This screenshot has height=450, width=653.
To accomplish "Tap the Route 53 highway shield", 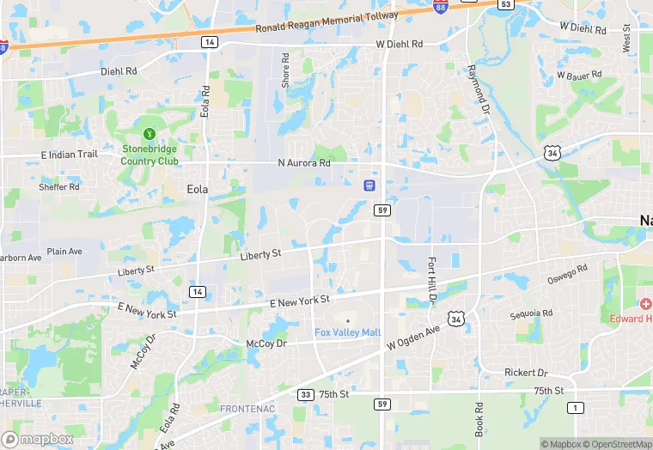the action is (x=506, y=4).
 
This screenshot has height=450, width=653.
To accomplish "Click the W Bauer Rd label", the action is (x=577, y=76).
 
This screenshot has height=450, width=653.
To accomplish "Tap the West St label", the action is (x=626, y=40).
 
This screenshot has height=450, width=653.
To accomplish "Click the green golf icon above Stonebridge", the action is (x=150, y=134).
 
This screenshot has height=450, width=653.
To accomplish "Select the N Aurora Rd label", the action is (x=304, y=163).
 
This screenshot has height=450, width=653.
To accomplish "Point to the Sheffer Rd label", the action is (x=59, y=186).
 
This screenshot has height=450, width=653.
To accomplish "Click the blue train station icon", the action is (x=369, y=184).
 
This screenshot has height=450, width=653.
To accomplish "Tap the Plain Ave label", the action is (x=64, y=252).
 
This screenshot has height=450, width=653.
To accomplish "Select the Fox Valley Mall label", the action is (x=348, y=333).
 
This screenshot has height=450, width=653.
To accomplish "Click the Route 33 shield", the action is (x=305, y=395).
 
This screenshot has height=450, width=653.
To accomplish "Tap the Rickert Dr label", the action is (x=527, y=373).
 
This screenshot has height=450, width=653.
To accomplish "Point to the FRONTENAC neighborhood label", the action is (x=247, y=409).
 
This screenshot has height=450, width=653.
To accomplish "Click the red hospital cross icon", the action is (x=645, y=305).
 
